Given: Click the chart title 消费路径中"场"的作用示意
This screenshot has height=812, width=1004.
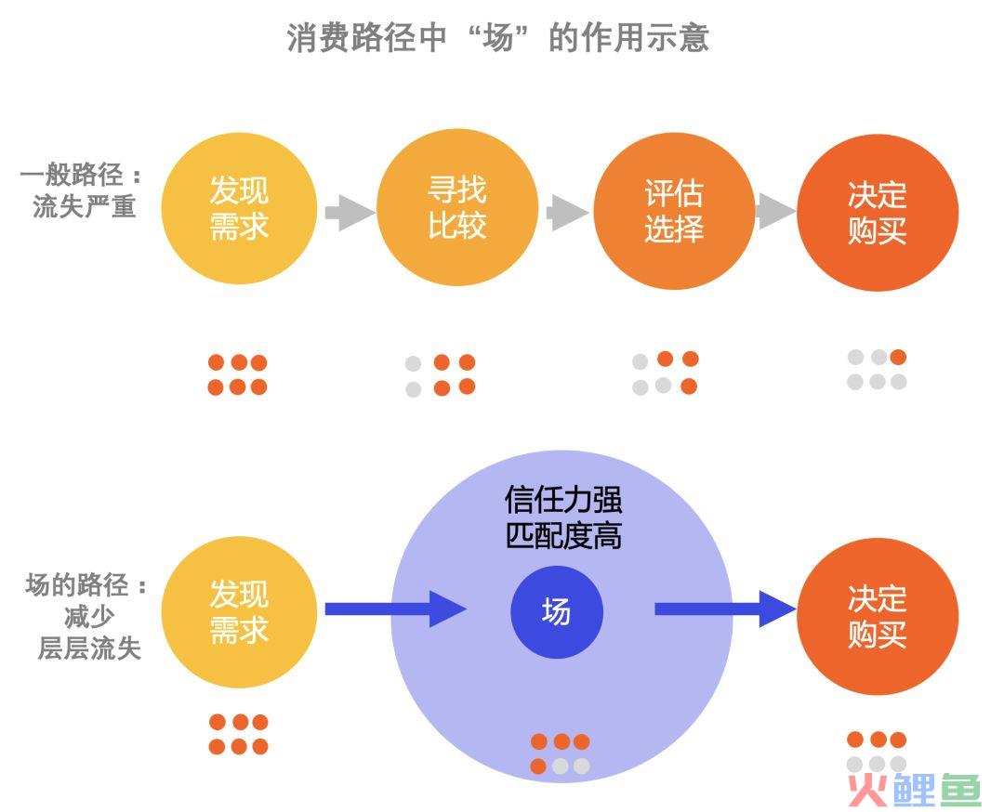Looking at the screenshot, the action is pos(497,38).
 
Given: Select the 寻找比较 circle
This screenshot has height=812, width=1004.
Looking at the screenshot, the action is pos(457,208).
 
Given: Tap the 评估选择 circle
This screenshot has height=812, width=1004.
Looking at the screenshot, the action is pos(674,211).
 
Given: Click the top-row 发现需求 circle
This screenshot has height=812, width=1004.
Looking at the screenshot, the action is pos(239,208).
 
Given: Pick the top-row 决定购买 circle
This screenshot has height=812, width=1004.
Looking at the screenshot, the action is pos(878,213).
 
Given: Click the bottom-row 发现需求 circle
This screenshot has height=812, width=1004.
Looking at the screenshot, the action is pos(239,611).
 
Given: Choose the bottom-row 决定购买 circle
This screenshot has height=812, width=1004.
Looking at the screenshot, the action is pos(878,616).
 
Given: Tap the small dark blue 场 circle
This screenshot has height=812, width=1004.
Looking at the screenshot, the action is pos(557,611).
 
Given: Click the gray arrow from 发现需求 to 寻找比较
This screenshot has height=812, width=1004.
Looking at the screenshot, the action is pos(350,212).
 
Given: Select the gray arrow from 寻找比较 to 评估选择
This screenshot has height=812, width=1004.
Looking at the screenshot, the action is pos(568,212).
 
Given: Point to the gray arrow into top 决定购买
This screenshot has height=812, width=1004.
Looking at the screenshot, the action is pos(776,211).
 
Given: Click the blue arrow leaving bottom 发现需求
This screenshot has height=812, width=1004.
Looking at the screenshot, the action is pos(396,609).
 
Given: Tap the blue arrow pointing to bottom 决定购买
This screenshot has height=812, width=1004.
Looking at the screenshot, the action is pos(725,609).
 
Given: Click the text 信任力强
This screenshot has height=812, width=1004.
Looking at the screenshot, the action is pos(563,499).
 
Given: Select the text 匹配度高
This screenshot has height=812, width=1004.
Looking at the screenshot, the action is pos(563,535).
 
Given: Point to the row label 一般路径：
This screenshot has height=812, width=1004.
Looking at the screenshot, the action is pos(81,174).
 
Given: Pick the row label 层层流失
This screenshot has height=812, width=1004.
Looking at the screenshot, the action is pos(89,648).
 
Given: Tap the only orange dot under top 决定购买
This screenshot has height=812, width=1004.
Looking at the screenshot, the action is pos(898,357).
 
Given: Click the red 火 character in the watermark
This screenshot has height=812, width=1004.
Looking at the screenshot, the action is pos(867,791).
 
